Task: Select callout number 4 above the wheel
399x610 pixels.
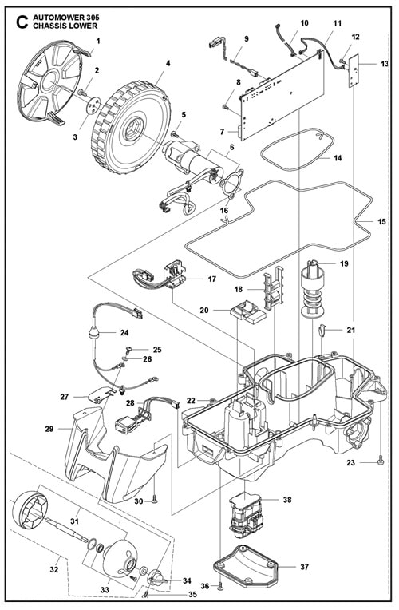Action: click(168, 62)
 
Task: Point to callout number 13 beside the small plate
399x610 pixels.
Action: click(385, 63)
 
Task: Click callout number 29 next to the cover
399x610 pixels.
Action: click(49, 429)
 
